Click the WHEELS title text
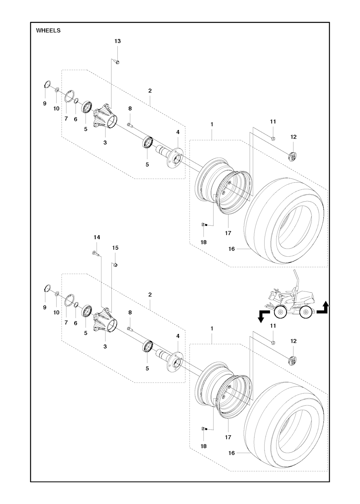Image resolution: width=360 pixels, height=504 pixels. [48, 31]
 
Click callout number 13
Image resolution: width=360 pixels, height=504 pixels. [117, 41]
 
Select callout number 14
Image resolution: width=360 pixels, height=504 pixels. [97, 237]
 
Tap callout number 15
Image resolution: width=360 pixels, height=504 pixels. [115, 248]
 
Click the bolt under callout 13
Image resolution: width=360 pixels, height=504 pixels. [117, 62]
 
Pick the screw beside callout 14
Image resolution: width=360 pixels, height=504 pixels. [95, 253]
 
